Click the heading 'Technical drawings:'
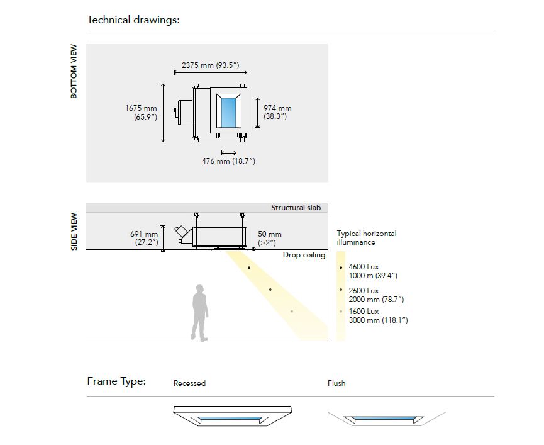(x=133, y=20)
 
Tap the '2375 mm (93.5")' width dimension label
(x=210, y=65)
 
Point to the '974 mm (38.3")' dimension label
(x=277, y=112)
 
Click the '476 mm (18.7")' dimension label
(x=228, y=161)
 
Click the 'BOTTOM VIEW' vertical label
(x=74, y=71)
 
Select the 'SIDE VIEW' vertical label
(x=74, y=231)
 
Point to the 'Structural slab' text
(x=296, y=208)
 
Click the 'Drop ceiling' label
(x=304, y=255)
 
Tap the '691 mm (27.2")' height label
(x=144, y=239)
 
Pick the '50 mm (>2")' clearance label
(x=270, y=239)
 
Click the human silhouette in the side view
(x=200, y=312)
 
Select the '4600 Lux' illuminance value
(x=364, y=267)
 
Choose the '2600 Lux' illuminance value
(x=364, y=291)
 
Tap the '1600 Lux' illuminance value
(x=364, y=312)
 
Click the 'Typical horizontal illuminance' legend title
(x=367, y=238)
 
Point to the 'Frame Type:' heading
(x=116, y=381)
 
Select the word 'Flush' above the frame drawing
(x=336, y=383)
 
